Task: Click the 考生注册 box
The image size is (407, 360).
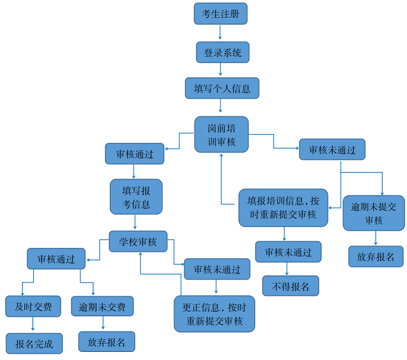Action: point(220,13)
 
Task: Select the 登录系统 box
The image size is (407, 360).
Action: point(222,53)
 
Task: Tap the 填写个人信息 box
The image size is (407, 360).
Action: point(222,88)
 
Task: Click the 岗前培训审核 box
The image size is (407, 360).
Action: point(221,134)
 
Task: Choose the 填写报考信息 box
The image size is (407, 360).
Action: point(136,197)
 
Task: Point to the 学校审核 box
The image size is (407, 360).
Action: point(138,242)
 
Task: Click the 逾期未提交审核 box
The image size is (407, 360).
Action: point(374,213)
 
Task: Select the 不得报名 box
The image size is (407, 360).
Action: point(291,286)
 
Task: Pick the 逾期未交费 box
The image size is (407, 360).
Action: point(102,307)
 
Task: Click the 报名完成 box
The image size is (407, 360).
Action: point(34,343)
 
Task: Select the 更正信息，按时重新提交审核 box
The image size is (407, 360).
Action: point(214,314)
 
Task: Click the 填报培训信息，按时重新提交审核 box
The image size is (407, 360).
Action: point(283,207)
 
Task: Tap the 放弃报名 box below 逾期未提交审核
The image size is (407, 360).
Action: point(375,257)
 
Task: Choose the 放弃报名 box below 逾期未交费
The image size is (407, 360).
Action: point(107,342)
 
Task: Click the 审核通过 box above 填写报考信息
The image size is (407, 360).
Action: point(135,154)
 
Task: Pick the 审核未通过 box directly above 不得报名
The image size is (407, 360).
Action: point(288,252)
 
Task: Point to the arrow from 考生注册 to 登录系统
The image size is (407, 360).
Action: point(220,33)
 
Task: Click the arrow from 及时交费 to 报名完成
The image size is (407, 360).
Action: point(33,324)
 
